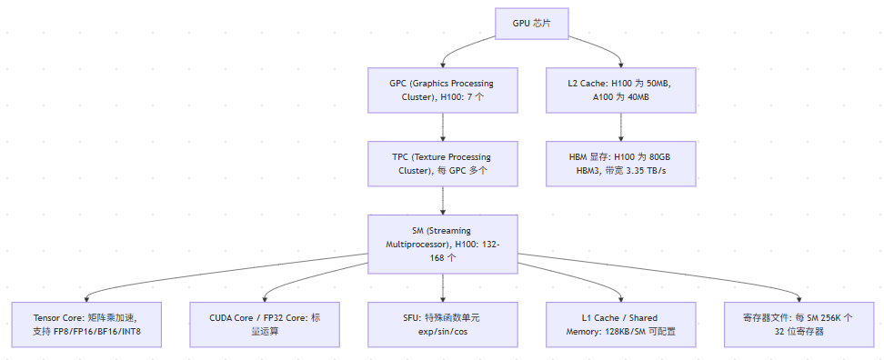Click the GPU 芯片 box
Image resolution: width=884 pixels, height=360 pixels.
pyautogui.click(x=532, y=24)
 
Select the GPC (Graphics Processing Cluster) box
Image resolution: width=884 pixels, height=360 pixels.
pyautogui.click(x=443, y=90)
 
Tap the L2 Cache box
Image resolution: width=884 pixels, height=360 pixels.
pyautogui.click(x=621, y=90)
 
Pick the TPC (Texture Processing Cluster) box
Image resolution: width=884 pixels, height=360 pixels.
pyautogui.click(x=443, y=164)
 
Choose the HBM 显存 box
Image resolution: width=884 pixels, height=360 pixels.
pyautogui.click(x=621, y=164)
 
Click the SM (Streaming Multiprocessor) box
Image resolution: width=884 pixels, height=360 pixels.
pyautogui.click(x=443, y=244)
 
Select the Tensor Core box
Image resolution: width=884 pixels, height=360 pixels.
pyautogui.click(x=86, y=325)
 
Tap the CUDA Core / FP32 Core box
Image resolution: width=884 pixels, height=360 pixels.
pyautogui.click(x=265, y=325)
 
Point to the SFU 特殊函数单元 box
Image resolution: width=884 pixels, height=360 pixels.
pyautogui.click(x=443, y=325)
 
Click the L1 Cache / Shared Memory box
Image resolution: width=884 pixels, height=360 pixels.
pyautogui.click(x=621, y=325)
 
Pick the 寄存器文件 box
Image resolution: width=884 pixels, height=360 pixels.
pyautogui.click(x=799, y=325)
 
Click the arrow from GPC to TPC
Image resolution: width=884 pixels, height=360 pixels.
pyautogui.click(x=443, y=126)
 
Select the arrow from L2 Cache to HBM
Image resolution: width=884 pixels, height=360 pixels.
pyautogui.click(x=621, y=126)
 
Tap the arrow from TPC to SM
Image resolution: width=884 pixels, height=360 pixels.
pyautogui.click(x=443, y=201)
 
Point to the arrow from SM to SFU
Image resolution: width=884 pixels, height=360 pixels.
pyautogui.click(x=443, y=288)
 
